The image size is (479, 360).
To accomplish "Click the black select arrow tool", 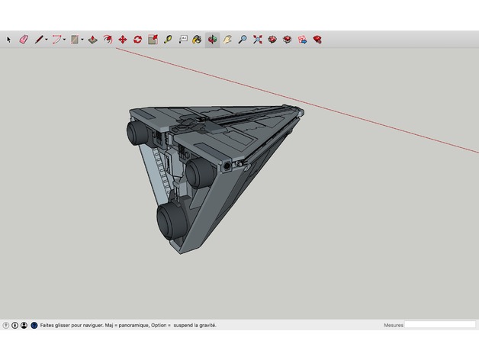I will tap(9, 39).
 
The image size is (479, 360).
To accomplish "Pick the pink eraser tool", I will tap(23, 39).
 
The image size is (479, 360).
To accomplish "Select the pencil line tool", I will tap(38, 39).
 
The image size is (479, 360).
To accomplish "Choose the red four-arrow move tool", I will tap(123, 39).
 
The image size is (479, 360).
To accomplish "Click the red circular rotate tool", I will tap(137, 39).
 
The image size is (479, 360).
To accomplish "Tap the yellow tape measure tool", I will tap(167, 39).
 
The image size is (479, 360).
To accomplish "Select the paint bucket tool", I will tap(198, 39).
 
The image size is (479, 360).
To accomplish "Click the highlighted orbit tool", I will tap(212, 39).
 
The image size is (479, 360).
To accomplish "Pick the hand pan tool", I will tap(227, 39).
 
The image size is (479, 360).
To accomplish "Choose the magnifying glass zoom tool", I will tap(242, 39).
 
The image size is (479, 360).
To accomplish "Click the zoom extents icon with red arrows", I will tap(257, 39).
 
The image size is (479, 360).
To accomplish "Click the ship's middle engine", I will tap(201, 173).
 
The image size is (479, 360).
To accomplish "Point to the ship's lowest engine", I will tap(172, 220).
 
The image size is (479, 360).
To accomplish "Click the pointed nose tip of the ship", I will tap(304, 113).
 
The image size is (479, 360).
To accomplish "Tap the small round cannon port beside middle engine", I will tap(229, 165).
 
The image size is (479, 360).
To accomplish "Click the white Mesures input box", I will tap(439, 325).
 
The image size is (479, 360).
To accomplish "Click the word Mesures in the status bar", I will tap(393, 325).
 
